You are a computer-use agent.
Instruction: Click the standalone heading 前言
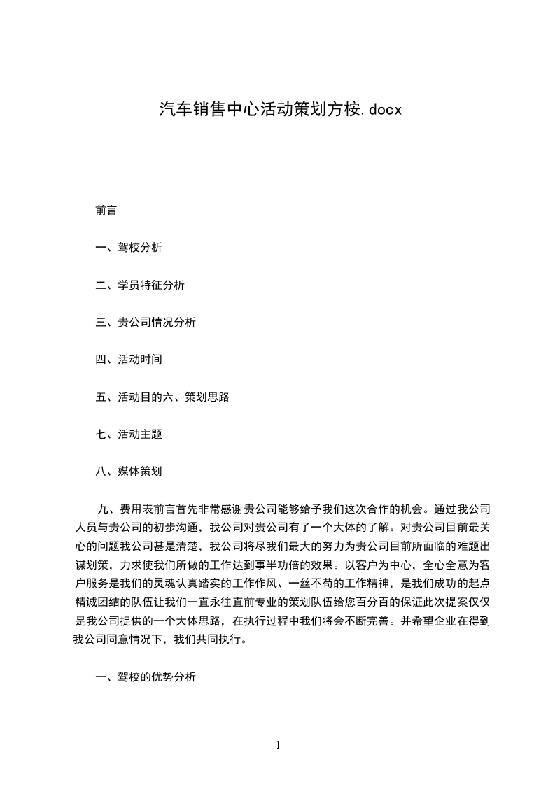point(106,211)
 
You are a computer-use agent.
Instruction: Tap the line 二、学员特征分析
point(140,285)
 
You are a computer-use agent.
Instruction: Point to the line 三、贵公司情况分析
point(146,323)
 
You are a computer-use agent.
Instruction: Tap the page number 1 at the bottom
point(278,745)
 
